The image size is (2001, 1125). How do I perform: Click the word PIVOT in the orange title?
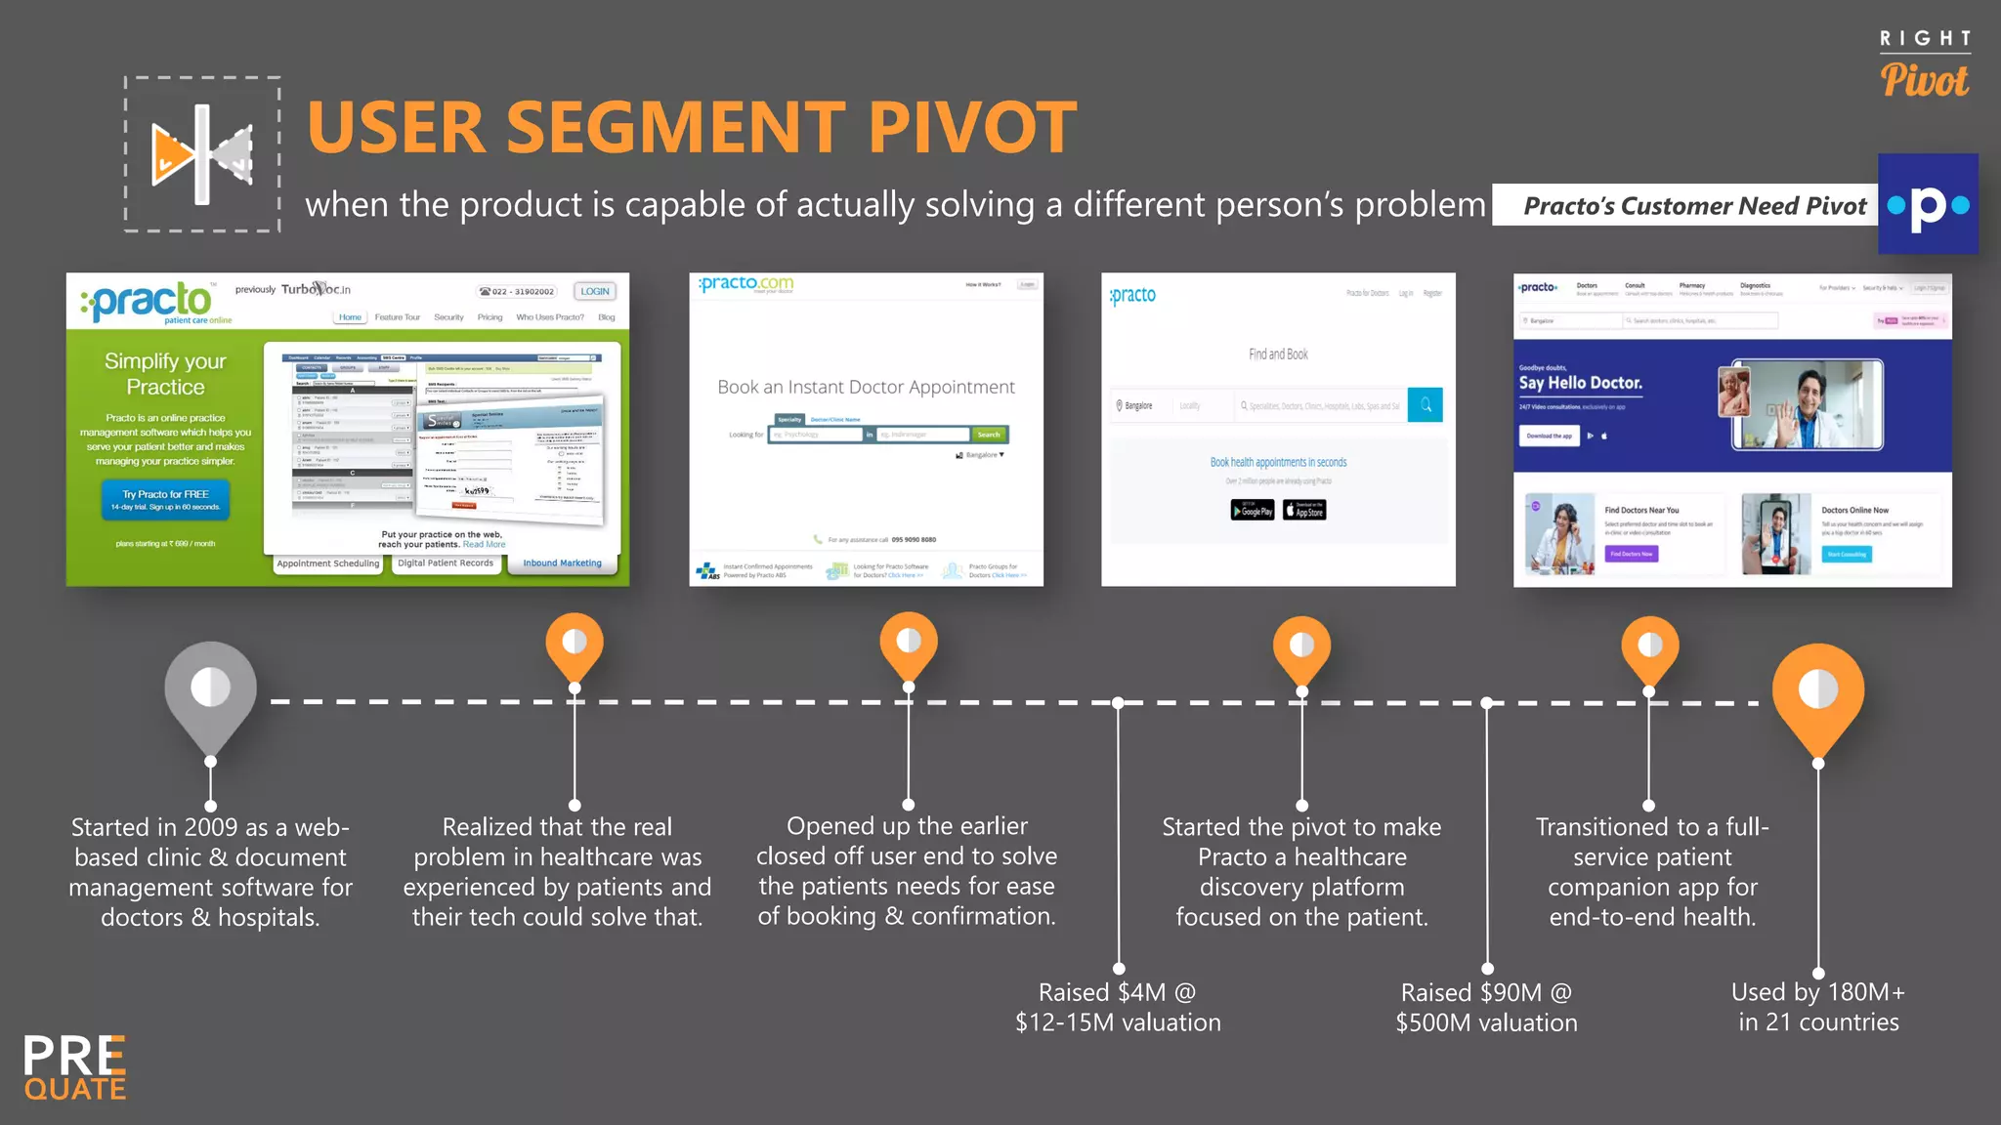click(x=971, y=128)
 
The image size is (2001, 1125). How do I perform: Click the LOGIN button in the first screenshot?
click(x=594, y=291)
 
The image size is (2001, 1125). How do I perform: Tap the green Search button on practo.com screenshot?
click(x=988, y=435)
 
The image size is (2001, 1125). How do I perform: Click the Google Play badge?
click(x=1252, y=510)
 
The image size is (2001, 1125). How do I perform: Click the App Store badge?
click(x=1304, y=510)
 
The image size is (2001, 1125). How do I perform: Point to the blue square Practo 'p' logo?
click(x=1927, y=204)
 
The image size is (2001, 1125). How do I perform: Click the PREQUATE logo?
click(x=75, y=1067)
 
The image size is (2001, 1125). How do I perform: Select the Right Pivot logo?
click(x=1924, y=66)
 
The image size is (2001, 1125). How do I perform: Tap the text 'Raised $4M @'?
click(x=1117, y=992)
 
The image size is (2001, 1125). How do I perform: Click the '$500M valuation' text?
click(x=1485, y=1022)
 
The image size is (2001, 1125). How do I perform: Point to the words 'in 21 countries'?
click(x=1817, y=1022)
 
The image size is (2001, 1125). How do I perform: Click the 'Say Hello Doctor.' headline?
click(x=1580, y=383)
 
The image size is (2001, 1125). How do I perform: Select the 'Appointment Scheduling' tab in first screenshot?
click(x=327, y=563)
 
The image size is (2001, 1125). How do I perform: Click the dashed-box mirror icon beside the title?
click(x=202, y=154)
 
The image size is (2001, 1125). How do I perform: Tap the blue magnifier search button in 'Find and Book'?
click(x=1425, y=404)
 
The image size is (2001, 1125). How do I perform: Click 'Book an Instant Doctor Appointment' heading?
click(x=866, y=387)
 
